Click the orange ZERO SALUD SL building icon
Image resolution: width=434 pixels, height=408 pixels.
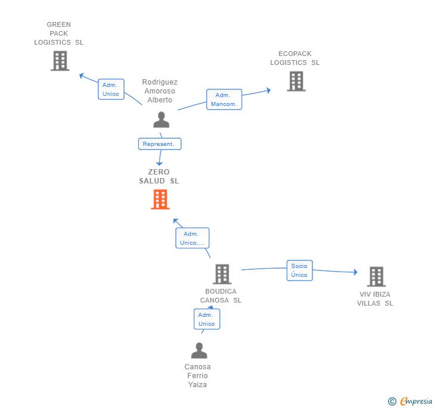[x=160, y=199]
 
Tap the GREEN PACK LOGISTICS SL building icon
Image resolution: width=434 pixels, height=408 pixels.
[x=60, y=61]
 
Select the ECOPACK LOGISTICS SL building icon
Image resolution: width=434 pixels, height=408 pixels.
[x=296, y=81]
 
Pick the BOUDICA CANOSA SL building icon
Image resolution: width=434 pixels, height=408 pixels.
[x=222, y=274]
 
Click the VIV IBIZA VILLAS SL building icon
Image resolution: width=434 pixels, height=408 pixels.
[x=376, y=276]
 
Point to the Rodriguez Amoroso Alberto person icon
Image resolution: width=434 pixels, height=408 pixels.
[x=162, y=120]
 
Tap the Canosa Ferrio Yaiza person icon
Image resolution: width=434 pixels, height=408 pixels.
[x=199, y=350]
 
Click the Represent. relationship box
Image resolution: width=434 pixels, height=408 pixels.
[x=160, y=144]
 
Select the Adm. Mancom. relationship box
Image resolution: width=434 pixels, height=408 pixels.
[x=224, y=99]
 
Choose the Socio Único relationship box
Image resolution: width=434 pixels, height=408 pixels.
[x=299, y=270]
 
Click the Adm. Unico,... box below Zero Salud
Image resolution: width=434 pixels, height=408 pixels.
[x=193, y=238]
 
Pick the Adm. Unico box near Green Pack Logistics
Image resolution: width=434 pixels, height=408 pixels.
[x=111, y=89]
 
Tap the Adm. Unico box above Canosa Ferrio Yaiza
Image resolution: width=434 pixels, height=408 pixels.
[x=207, y=319]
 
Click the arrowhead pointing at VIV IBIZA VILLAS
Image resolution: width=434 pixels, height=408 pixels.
[x=356, y=272]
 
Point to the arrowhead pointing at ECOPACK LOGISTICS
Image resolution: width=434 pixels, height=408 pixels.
[x=268, y=91]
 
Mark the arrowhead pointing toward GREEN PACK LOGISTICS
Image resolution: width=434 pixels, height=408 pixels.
[x=82, y=75]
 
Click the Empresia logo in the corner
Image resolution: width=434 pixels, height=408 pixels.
[x=410, y=401]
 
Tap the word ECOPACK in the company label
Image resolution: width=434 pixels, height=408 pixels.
[x=294, y=54]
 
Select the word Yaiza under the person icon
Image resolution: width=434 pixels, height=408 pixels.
[x=197, y=385]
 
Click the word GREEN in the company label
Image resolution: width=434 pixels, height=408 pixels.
[x=58, y=24]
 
